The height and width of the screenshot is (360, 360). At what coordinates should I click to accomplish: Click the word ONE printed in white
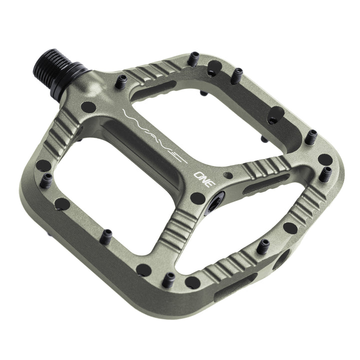204,178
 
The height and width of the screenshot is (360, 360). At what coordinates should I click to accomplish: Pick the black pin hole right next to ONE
197,197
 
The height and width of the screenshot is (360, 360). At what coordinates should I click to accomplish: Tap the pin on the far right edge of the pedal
326,172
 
